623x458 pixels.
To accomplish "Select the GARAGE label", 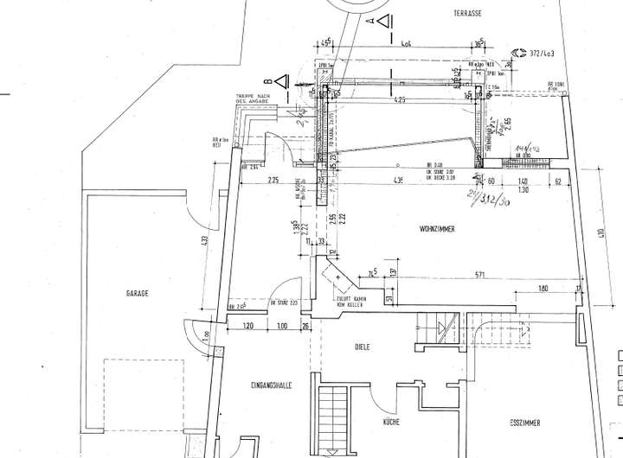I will (136, 294).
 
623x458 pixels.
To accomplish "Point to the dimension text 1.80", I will (543, 289).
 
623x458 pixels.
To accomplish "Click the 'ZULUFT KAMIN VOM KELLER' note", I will (350, 303).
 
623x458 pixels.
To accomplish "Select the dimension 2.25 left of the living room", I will (273, 181).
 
